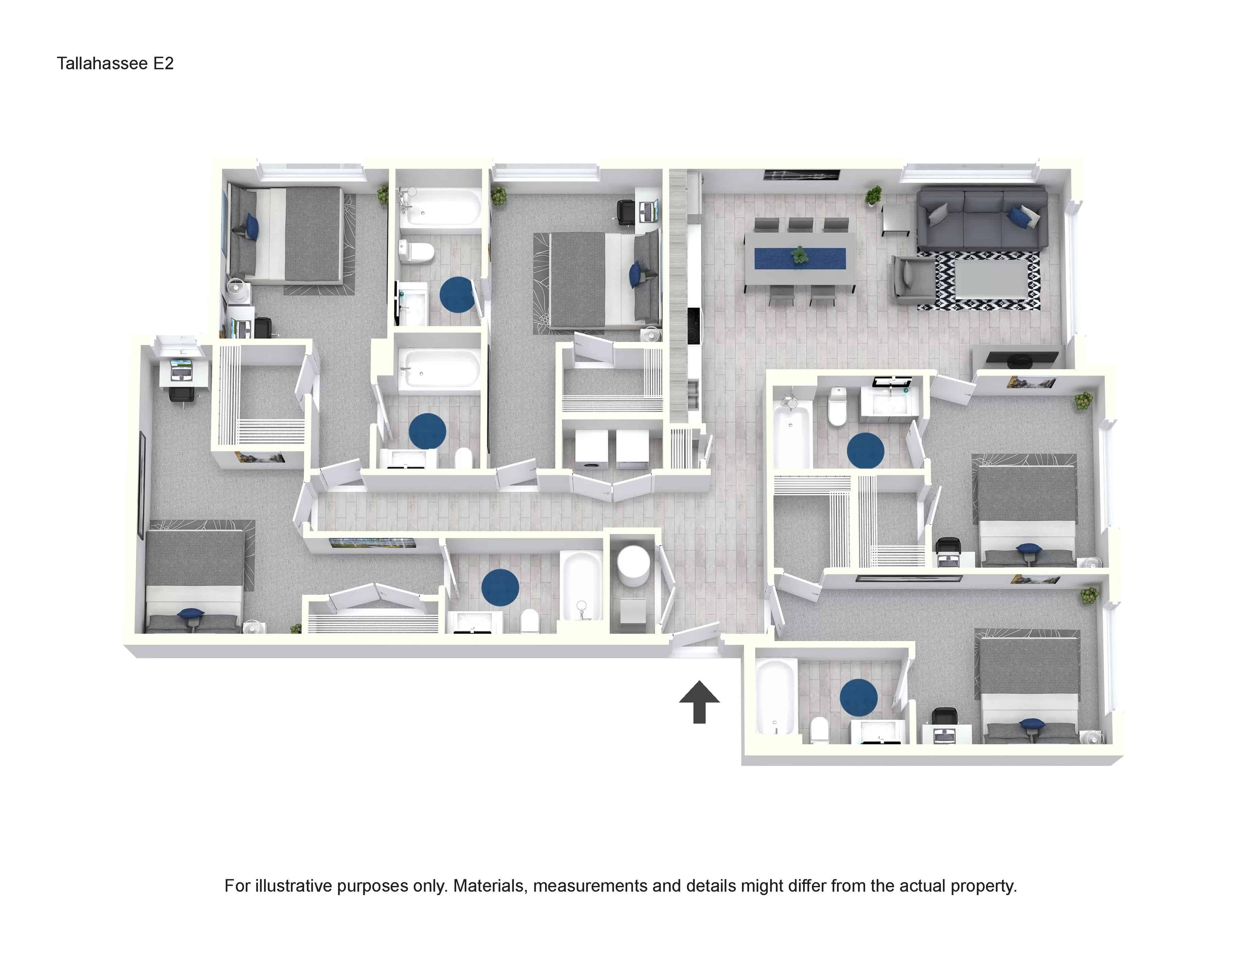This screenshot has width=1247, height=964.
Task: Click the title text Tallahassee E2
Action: tap(115, 63)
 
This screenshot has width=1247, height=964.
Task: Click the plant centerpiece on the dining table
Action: tap(799, 255)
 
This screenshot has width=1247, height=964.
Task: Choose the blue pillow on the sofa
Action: tap(1017, 216)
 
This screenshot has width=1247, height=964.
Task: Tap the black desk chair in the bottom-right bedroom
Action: tap(943, 717)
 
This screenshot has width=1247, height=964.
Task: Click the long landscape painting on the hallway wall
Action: tap(372, 543)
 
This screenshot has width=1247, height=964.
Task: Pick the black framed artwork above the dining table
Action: tap(802, 175)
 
